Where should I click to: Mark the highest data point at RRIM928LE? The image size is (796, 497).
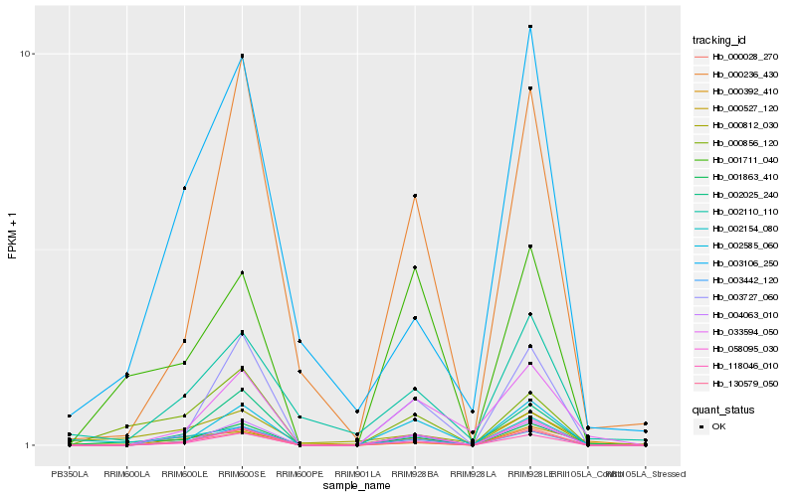pos(530,27)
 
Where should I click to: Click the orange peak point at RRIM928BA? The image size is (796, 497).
pos(415,196)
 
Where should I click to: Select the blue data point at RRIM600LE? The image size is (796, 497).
pos(184,188)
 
